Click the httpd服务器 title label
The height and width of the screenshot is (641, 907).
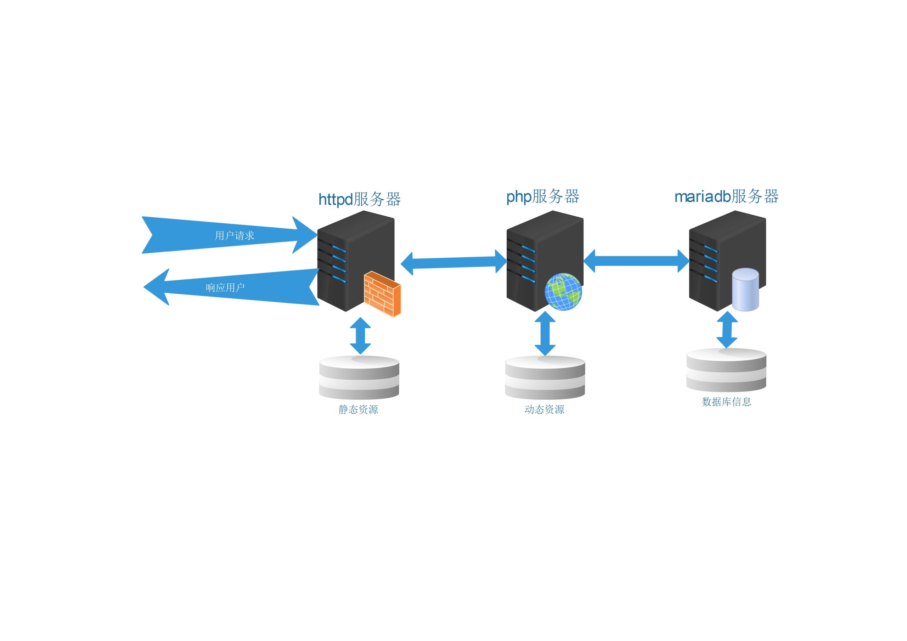360,199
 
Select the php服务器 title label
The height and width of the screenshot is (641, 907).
542,196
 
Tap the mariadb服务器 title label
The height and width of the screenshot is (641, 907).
726,196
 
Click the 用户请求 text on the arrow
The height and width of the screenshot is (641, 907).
234,236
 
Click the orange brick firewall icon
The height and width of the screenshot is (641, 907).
382,294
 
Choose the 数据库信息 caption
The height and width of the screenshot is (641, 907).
726,402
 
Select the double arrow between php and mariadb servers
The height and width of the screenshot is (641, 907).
636,261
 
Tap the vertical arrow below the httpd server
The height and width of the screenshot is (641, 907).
360,336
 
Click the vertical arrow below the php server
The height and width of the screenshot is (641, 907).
545,333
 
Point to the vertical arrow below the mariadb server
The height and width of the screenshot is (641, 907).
727,330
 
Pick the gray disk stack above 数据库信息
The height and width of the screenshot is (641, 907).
726,370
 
